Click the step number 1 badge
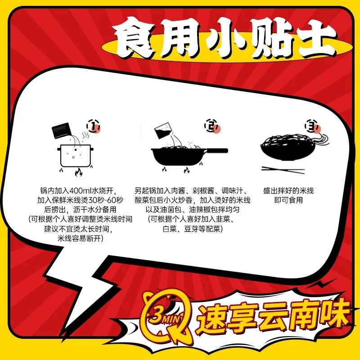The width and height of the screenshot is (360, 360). pos(93,126)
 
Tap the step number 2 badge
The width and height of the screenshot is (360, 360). pos(211,126)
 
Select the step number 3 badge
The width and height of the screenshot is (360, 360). pos(312,126)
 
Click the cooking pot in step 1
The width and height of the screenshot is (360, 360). pos(75,155)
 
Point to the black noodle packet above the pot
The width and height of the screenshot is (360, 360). pos(61,130)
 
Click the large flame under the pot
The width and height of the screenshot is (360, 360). pos(78,172)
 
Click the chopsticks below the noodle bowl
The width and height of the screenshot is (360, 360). pos(283,170)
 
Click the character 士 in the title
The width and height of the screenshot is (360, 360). pos(316,39)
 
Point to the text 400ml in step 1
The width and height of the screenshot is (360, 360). pos(81,190)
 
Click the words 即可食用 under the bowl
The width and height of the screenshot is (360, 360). pos(288,200)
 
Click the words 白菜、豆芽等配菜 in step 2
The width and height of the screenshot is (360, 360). pos(193,229)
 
